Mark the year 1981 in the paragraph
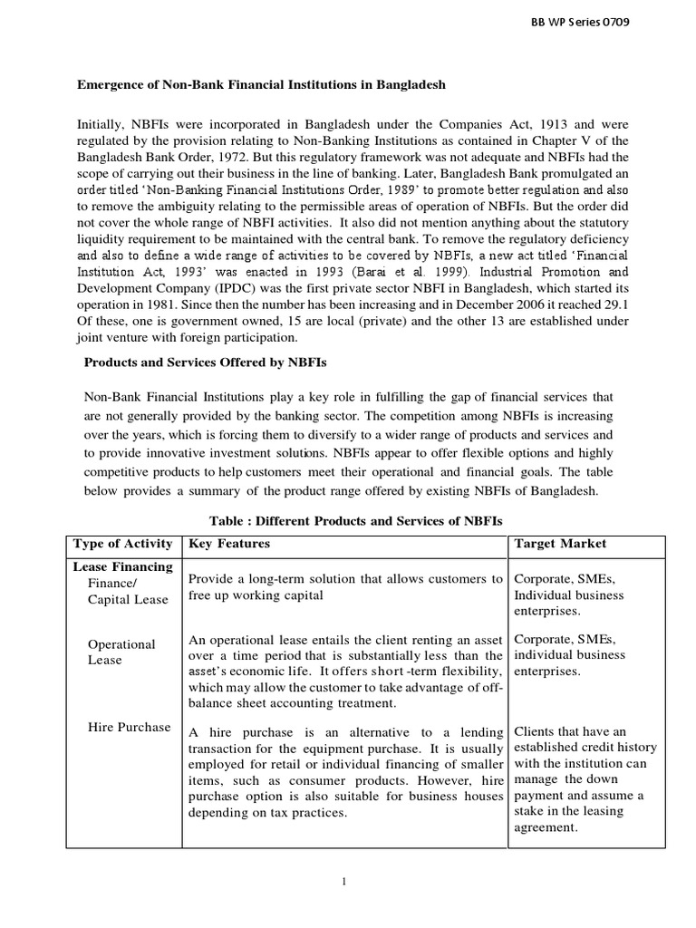click(159, 304)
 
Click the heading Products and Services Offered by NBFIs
click(206, 362)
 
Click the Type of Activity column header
click(122, 544)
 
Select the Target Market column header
click(560, 544)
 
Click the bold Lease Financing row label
click(122, 567)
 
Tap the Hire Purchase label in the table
click(129, 727)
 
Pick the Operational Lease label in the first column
click(121, 652)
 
